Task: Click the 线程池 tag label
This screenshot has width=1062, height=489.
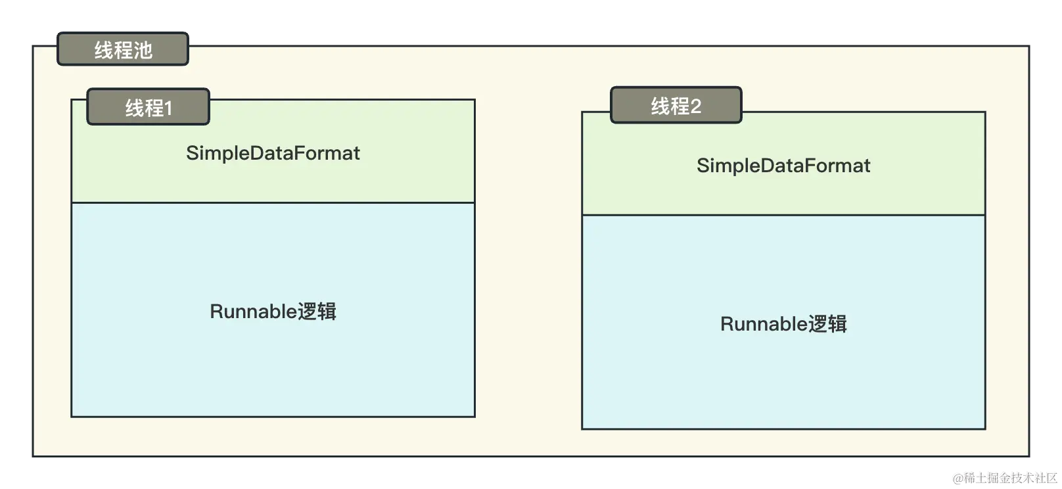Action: point(123,50)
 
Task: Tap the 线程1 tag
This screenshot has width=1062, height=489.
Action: point(149,107)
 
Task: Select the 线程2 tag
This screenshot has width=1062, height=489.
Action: point(676,105)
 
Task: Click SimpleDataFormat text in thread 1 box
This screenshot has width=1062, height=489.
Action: point(273,153)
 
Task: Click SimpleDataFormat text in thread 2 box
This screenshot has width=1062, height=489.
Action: point(783,166)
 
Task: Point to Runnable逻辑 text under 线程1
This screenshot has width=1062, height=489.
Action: point(273,311)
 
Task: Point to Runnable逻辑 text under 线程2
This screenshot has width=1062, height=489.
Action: point(783,323)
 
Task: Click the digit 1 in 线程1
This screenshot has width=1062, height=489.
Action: point(168,108)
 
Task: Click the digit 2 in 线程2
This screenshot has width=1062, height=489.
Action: point(696,106)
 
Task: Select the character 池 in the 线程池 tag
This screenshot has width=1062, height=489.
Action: point(143,50)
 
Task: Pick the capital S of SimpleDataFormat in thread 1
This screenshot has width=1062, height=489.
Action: point(191,153)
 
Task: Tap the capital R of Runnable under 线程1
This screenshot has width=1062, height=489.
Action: point(216,312)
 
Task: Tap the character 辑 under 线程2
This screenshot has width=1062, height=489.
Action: point(837,324)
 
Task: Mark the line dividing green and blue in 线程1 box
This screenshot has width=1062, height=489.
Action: point(273,202)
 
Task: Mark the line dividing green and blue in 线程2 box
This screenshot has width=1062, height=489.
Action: point(783,215)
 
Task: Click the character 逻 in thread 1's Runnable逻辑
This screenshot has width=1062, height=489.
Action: point(308,312)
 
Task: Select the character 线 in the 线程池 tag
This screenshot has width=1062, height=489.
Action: point(104,50)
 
